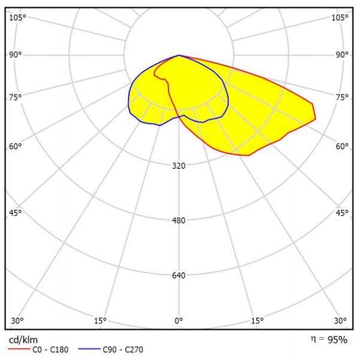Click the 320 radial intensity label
pos(179,166)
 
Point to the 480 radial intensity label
pos(179,220)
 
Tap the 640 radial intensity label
pos(179,275)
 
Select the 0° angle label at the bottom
pos(179,320)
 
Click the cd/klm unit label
pos(23,340)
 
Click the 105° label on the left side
pos(17,17)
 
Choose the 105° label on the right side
pos(340,17)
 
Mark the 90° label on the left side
pos(15,55)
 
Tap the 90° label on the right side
pos(343,55)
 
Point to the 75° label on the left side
pos(15,97)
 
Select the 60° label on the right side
pos(343,146)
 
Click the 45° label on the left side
pos(15,212)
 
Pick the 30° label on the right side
pos(341,320)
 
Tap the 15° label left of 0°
pos(100,320)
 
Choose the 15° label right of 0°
pos(257,320)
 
